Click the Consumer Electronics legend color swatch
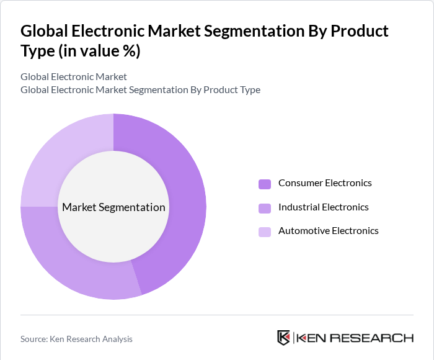[265, 184]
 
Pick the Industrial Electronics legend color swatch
[265, 208]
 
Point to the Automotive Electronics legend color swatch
[265, 232]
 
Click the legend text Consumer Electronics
[325, 183]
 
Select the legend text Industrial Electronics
[323, 207]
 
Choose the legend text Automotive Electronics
[328, 231]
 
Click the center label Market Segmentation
[113, 207]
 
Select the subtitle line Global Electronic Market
[73, 77]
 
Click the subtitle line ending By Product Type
[140, 90]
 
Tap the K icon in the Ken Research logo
[283, 338]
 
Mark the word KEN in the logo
[311, 338]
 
